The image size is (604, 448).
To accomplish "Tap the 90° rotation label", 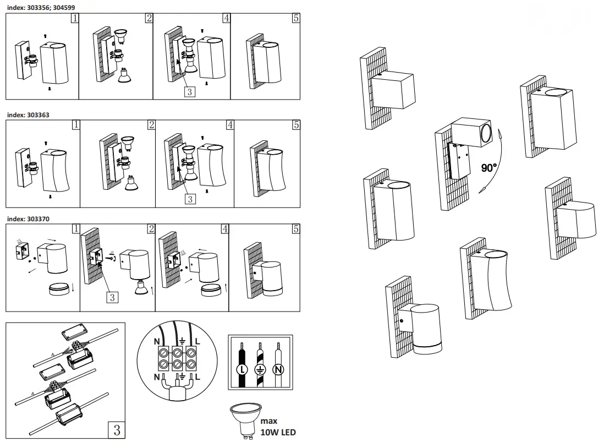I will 488,168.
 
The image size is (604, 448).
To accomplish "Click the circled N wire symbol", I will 279,369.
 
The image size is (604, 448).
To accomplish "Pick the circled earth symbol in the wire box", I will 260,369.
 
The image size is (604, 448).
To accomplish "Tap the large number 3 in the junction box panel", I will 117,430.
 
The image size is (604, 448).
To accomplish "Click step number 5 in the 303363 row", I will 296,125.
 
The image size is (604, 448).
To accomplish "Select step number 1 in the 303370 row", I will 76,228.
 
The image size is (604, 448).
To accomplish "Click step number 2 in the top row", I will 149,18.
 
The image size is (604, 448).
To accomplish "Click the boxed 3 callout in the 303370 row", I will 112,297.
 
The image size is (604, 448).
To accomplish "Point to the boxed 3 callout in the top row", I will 190,91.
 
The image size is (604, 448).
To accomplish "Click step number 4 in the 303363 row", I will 230,125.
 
